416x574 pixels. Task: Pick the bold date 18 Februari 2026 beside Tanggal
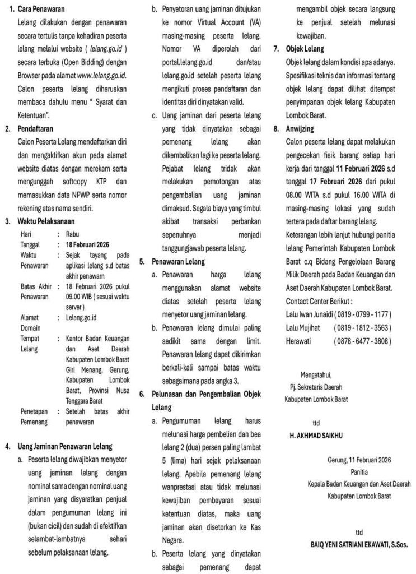click(x=87, y=244)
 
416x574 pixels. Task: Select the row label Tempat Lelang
click(x=30, y=344)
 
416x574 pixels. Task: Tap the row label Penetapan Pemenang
click(x=35, y=415)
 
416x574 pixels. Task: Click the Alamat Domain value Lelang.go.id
click(x=82, y=317)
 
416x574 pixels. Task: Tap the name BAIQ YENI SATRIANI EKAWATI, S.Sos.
click(x=359, y=544)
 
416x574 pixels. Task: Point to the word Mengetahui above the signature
click(x=317, y=374)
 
